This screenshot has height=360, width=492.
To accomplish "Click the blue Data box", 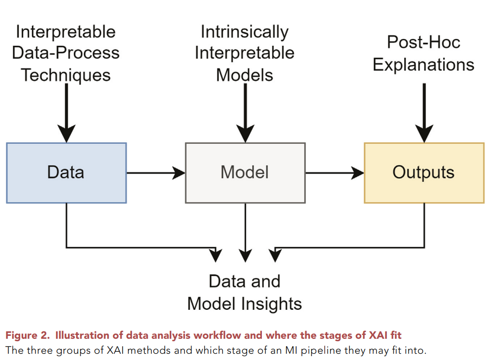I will tap(66, 173).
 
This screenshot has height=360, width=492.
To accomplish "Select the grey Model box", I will tap(245, 173).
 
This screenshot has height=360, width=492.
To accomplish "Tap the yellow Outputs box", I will tap(424, 173).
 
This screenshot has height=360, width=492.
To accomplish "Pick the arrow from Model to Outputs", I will tap(335, 173).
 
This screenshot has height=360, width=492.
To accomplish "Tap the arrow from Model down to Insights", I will tap(246, 232).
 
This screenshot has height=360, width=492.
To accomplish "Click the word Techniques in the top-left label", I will tap(66, 75).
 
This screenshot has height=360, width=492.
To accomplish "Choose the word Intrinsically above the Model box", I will tap(245, 32).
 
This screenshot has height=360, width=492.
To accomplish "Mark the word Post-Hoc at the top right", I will tap(424, 42).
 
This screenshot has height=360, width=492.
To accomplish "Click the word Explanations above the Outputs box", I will tap(424, 65).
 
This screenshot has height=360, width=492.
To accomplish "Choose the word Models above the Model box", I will tap(245, 75).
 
